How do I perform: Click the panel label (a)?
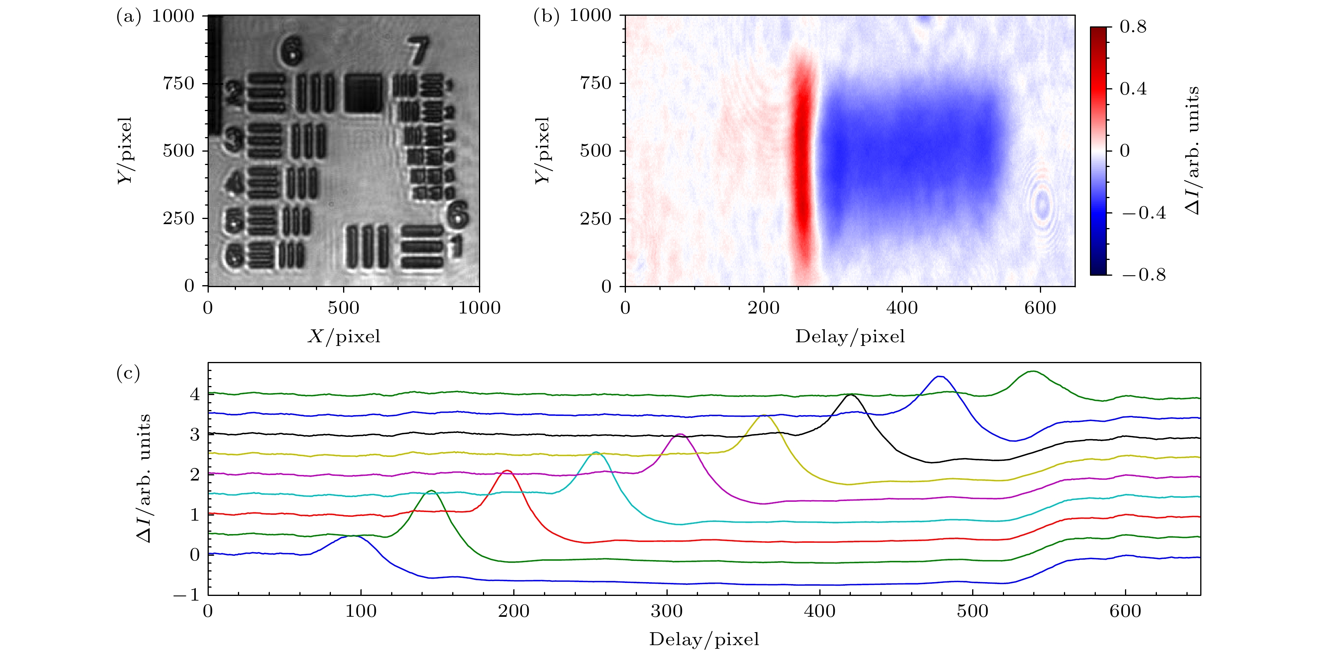pyautogui.click(x=128, y=17)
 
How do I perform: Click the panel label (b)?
pyautogui.click(x=546, y=17)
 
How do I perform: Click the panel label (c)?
pyautogui.click(x=128, y=373)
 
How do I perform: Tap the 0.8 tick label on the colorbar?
pyautogui.click(x=1133, y=27)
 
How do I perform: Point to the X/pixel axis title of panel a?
pyautogui.click(x=344, y=336)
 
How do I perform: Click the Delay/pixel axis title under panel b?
pyautogui.click(x=850, y=336)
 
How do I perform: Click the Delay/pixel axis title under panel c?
pyautogui.click(x=704, y=639)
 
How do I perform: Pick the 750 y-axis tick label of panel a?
pyautogui.click(x=178, y=83)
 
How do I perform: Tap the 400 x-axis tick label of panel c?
pyautogui.click(x=820, y=611)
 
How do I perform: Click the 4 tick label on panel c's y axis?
pyautogui.click(x=195, y=394)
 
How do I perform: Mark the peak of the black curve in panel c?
pyautogui.click(x=850, y=395)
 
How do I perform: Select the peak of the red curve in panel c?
pyautogui.click(x=507, y=470)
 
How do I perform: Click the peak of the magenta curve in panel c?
pyautogui.click(x=679, y=434)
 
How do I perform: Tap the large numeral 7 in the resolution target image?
pyautogui.click(x=418, y=51)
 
